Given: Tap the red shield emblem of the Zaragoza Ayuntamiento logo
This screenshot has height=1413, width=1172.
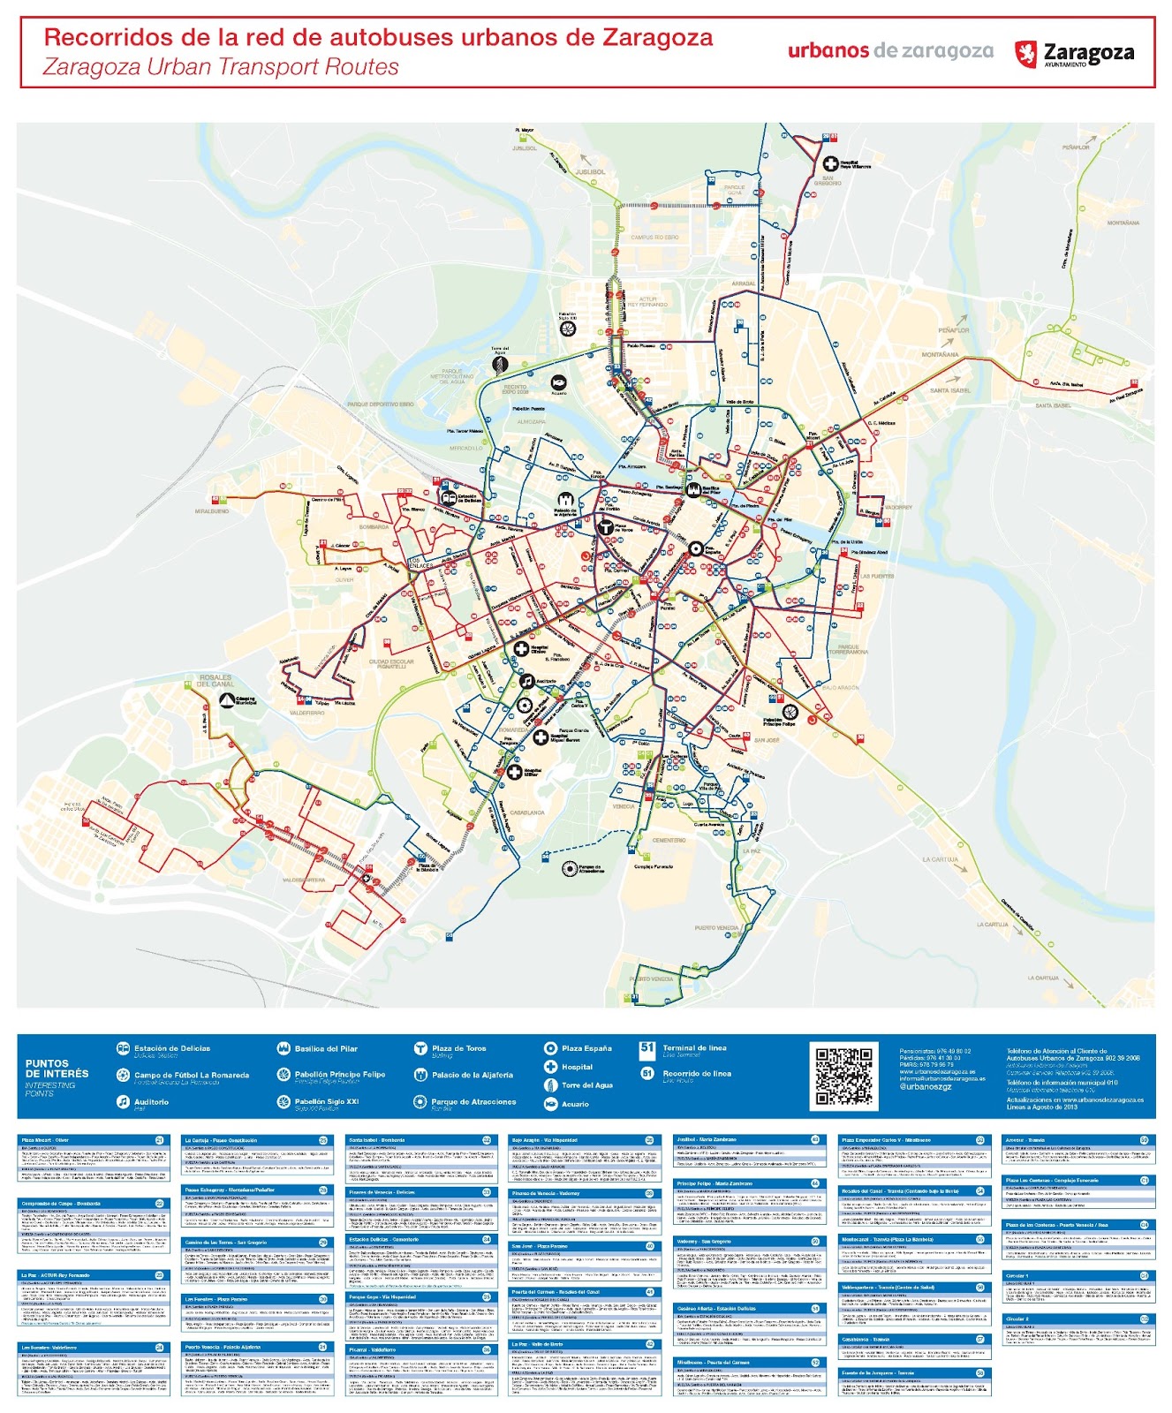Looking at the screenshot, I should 1025,53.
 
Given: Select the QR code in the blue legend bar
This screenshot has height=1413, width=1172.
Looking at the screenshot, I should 843,1076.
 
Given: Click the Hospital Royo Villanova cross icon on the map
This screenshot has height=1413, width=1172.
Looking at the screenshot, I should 830,163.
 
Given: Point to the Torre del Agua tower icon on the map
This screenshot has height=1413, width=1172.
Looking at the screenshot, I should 500,363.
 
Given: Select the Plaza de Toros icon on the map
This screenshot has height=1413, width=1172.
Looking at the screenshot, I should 606,528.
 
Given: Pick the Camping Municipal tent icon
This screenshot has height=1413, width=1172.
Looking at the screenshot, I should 226,700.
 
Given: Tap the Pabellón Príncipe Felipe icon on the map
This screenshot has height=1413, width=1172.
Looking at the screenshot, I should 790,711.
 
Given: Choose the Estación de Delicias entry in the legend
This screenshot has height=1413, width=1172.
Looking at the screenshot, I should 171,1049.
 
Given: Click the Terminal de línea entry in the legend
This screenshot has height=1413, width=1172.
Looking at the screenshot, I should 694,1048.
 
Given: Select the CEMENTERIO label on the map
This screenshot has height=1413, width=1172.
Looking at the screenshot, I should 669,840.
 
